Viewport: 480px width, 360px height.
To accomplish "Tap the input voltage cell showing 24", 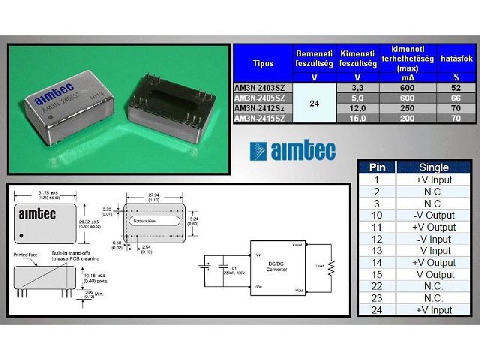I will coord(313,103).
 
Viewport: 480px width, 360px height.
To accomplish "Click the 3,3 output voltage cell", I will coord(357,87).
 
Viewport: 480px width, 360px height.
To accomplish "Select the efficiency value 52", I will coord(457,87).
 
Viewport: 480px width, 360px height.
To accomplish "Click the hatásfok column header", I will coord(457,58).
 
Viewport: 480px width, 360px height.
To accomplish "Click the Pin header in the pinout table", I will coord(376,167).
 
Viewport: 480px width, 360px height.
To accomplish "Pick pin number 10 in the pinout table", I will coord(376,215).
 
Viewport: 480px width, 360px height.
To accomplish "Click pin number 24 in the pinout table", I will coord(376,310).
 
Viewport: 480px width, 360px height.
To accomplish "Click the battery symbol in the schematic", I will coord(203,265).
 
